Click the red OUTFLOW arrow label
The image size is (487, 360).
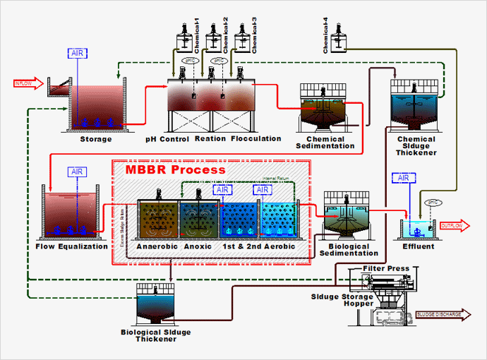click(x=452, y=226)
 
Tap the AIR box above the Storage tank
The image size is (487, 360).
click(x=78, y=54)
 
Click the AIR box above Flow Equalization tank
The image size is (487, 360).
click(x=78, y=172)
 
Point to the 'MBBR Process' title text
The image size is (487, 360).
click(x=176, y=169)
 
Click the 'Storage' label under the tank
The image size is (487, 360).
click(x=96, y=139)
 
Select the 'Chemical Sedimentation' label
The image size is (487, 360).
click(x=325, y=143)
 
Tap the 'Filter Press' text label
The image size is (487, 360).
click(x=385, y=269)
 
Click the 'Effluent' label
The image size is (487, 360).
click(x=418, y=246)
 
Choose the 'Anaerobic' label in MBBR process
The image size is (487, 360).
click(x=157, y=246)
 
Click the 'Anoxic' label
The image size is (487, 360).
click(x=198, y=246)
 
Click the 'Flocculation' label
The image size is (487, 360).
click(x=256, y=139)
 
